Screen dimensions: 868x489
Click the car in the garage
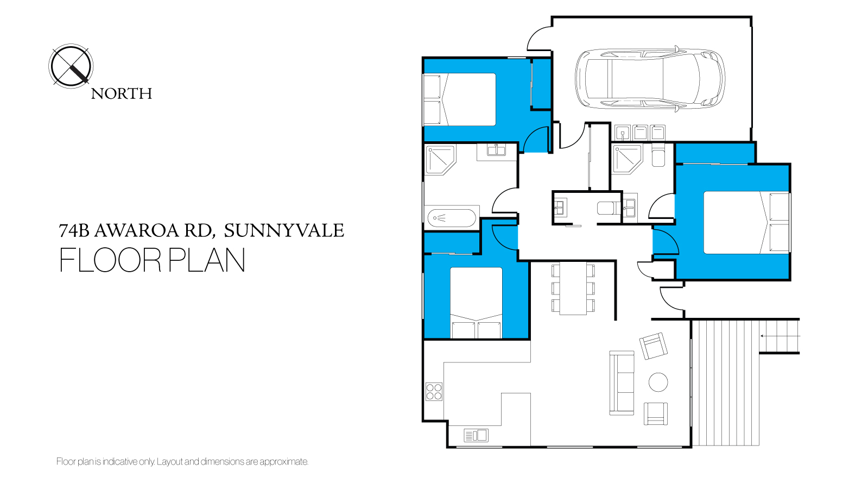point(650,79)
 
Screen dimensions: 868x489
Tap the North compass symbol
point(71,66)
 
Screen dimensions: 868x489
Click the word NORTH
point(121,94)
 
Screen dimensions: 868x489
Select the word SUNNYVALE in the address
point(284,230)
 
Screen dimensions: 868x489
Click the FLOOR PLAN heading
point(153,260)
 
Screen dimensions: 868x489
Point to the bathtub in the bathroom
point(452,218)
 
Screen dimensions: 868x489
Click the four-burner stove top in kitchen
point(434,392)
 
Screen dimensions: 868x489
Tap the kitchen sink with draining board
point(476,436)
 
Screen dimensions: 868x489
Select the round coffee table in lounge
point(658,383)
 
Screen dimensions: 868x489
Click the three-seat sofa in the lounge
point(622,383)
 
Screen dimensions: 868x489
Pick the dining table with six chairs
point(573,289)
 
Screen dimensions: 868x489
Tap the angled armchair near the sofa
point(654,346)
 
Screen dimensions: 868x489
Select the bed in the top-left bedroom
point(460,99)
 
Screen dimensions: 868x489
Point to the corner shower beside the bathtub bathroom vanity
point(440,159)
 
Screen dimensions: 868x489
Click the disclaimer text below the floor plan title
point(182,461)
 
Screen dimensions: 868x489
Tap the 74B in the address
point(74,230)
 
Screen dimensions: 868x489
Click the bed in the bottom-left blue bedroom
point(476,303)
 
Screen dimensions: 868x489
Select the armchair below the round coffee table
point(656,414)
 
